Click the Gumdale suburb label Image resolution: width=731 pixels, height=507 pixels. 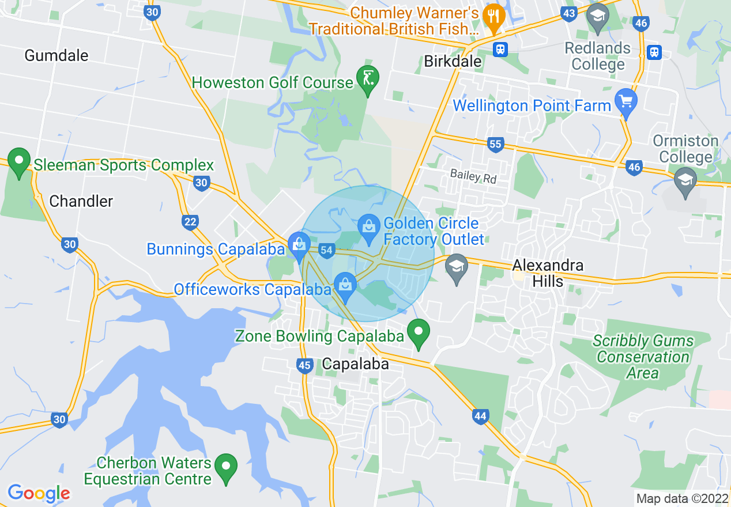click(56, 55)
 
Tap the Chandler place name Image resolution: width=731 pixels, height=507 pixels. click(81, 201)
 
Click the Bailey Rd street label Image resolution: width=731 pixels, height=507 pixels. click(473, 176)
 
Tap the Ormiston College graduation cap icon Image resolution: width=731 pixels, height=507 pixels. click(685, 181)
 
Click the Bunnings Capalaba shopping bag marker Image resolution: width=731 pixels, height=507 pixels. click(299, 246)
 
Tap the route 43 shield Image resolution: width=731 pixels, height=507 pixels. click(569, 13)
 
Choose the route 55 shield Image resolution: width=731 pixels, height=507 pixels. click(495, 144)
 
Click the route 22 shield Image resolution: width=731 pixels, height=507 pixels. click(190, 222)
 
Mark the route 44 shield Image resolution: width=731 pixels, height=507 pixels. click(480, 416)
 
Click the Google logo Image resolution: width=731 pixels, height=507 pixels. click(38, 493)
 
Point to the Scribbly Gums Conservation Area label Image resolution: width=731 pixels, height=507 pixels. click(643, 357)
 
